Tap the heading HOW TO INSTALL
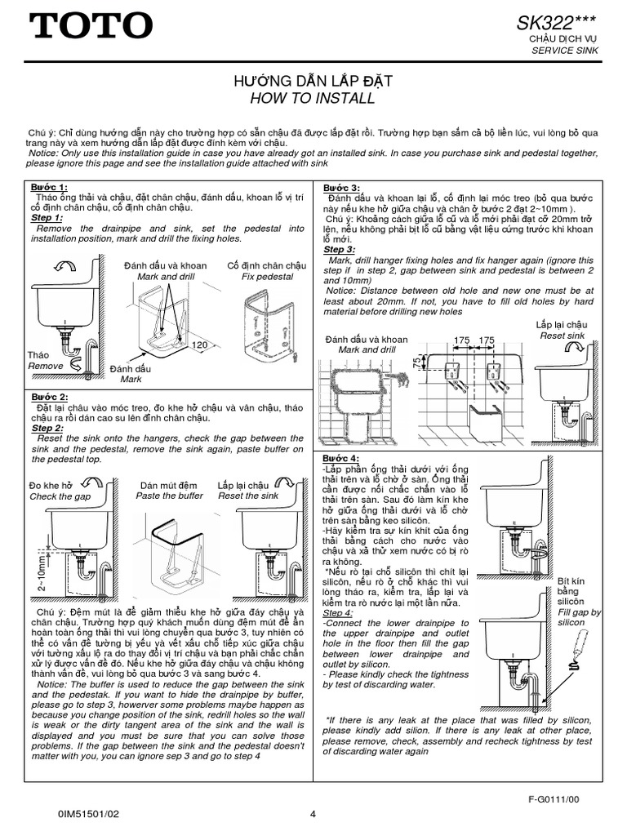[x=313, y=99]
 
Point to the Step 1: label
[x=47, y=218]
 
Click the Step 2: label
[x=47, y=428]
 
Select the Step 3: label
[x=339, y=249]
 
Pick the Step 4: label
[x=338, y=612]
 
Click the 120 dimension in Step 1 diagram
[x=198, y=346]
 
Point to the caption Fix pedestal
[x=267, y=277]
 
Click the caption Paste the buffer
[x=169, y=496]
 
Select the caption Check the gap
[x=60, y=496]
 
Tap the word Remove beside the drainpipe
[x=45, y=367]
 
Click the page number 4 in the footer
[x=313, y=813]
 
